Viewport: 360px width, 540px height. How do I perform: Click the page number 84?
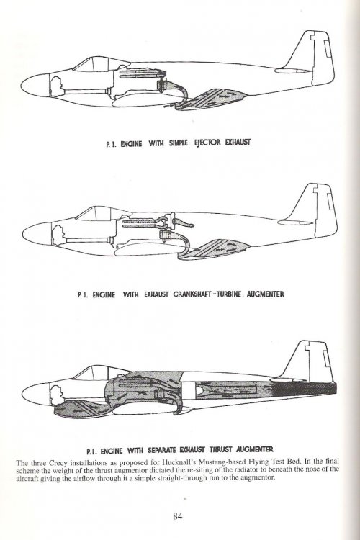point(177,516)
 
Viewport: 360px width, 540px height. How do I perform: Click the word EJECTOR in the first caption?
point(207,143)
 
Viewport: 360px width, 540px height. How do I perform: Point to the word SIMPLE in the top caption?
point(178,143)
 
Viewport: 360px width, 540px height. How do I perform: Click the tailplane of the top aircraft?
point(293,71)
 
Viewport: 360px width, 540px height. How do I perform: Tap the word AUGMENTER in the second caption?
point(265,294)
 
